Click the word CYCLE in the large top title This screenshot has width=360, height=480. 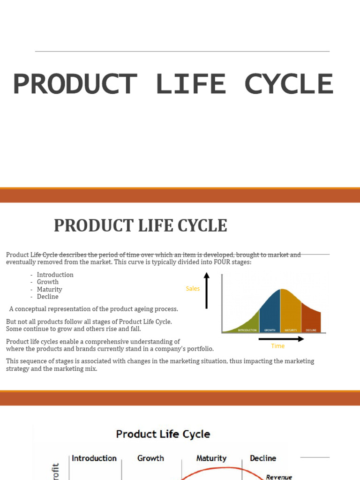289,84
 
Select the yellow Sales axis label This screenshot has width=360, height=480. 193,289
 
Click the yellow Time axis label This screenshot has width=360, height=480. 278,346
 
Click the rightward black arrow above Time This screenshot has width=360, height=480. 278,338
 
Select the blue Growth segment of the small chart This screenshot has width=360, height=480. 270,312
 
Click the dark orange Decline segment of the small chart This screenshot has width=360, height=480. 311,319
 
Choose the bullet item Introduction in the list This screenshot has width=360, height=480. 55,275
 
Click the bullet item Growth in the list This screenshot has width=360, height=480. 48,282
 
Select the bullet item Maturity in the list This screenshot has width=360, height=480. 50,289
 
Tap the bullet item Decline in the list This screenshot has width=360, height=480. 48,296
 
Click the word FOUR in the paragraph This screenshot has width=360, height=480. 223,262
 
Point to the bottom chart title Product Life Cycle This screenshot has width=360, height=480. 163,434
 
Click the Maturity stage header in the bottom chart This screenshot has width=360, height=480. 211,458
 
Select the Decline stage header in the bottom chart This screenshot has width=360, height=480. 263,458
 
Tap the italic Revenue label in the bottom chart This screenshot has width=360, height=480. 279,477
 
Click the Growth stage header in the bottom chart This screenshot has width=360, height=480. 150,458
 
